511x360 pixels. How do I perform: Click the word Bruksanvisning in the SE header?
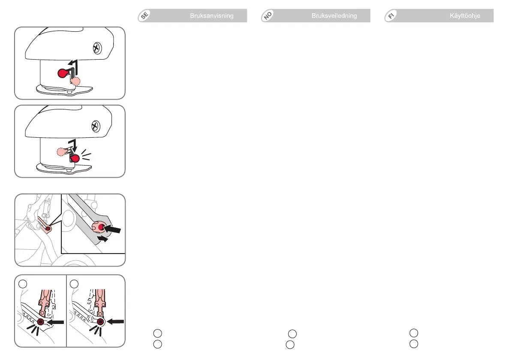pyautogui.click(x=212, y=16)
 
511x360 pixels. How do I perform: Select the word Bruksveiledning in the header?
pyautogui.click(x=334, y=16)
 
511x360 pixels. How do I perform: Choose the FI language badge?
pyautogui.click(x=391, y=16)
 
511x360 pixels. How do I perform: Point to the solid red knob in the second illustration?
pyautogui.click(x=75, y=159)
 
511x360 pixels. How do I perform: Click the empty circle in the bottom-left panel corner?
pyautogui.click(x=22, y=284)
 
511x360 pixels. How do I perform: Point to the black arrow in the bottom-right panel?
pyautogui.click(x=116, y=321)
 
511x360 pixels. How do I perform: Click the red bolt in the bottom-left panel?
pyautogui.click(x=41, y=322)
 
